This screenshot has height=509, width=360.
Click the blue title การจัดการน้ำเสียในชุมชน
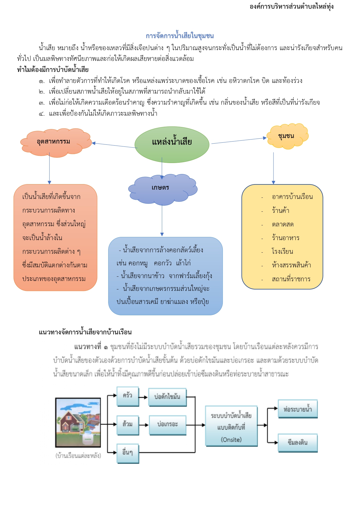[x=180, y=36]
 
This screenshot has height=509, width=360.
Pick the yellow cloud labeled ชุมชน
[x=287, y=136]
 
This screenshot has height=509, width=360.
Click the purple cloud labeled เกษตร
[x=161, y=188]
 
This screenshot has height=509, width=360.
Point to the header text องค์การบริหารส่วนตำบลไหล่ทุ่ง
[x=291, y=6]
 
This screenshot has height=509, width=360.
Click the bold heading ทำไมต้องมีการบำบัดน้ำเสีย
[x=53, y=70]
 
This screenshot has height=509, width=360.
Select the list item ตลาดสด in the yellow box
[x=283, y=224]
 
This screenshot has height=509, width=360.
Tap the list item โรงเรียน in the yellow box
[x=282, y=251]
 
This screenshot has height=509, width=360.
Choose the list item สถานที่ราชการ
[x=291, y=279]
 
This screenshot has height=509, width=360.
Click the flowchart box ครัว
[x=128, y=396]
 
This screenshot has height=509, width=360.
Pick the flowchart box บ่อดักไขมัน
[x=167, y=397]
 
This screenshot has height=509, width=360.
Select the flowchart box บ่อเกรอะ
[x=167, y=424]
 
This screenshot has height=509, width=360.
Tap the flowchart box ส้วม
[x=128, y=425]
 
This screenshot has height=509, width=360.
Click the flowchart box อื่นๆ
[x=128, y=452]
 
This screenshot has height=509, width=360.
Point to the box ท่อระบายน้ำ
[x=298, y=409]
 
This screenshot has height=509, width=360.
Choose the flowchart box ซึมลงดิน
[x=298, y=443]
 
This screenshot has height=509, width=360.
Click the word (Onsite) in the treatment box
[x=231, y=440]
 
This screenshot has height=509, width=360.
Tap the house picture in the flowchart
[x=78, y=422]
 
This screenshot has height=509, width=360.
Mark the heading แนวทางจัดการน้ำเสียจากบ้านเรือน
[x=85, y=332]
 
